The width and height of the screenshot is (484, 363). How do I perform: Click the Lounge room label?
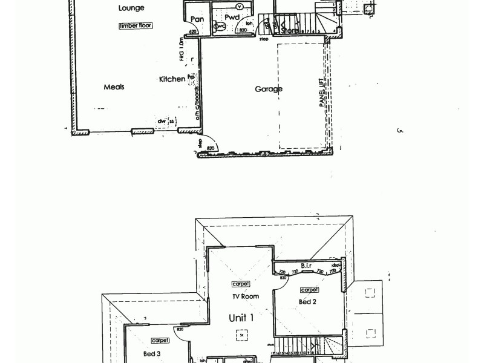[132, 8]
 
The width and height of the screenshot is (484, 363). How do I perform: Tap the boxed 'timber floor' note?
[136, 25]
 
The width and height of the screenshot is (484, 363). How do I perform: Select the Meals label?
[114, 87]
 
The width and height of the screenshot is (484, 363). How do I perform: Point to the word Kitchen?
[172, 79]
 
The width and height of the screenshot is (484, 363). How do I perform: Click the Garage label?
[268, 89]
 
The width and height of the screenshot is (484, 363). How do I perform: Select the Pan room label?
[197, 19]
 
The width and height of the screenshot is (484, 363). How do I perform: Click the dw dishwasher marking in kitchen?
[162, 122]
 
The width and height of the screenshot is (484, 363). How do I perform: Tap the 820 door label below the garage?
[211, 148]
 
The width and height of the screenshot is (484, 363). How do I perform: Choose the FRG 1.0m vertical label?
[181, 50]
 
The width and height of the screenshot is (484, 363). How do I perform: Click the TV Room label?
[245, 296]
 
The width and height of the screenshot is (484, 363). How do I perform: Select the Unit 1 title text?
[241, 318]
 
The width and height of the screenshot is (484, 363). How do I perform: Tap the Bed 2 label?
[307, 302]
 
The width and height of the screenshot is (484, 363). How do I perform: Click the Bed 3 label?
[151, 353]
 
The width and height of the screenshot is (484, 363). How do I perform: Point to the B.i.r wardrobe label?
[306, 266]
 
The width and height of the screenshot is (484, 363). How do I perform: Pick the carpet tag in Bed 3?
[160, 341]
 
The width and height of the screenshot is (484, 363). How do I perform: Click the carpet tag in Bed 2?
[309, 290]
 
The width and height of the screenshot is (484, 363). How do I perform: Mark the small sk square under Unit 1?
[241, 333]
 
